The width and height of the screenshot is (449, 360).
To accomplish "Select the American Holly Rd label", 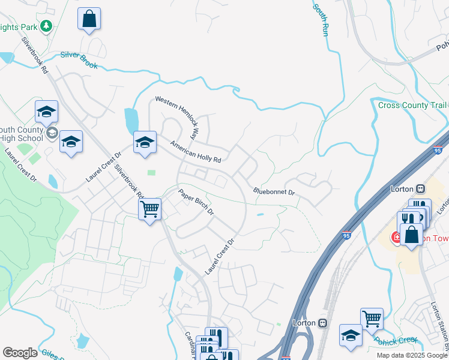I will [x=196, y=152].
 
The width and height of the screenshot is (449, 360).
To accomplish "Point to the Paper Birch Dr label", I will [x=196, y=203].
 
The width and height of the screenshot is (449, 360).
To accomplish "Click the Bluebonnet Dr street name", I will [x=274, y=193].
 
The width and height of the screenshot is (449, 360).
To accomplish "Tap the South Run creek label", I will [x=321, y=19].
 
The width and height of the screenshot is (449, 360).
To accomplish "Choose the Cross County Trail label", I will [x=412, y=106].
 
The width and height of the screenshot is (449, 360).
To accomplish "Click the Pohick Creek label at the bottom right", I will [x=396, y=341].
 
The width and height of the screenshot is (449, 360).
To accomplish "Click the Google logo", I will [x=20, y=353].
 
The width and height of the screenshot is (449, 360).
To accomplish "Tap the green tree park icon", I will [x=46, y=26].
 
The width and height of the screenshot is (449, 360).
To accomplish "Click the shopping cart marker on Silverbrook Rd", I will [x=149, y=209].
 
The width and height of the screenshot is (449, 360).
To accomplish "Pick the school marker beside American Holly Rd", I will [x=144, y=142].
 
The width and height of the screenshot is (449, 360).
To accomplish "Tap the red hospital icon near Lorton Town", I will [x=396, y=238].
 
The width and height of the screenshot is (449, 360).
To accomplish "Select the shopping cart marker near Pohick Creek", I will [x=372, y=319].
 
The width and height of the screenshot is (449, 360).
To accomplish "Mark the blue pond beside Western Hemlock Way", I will [x=130, y=121].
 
